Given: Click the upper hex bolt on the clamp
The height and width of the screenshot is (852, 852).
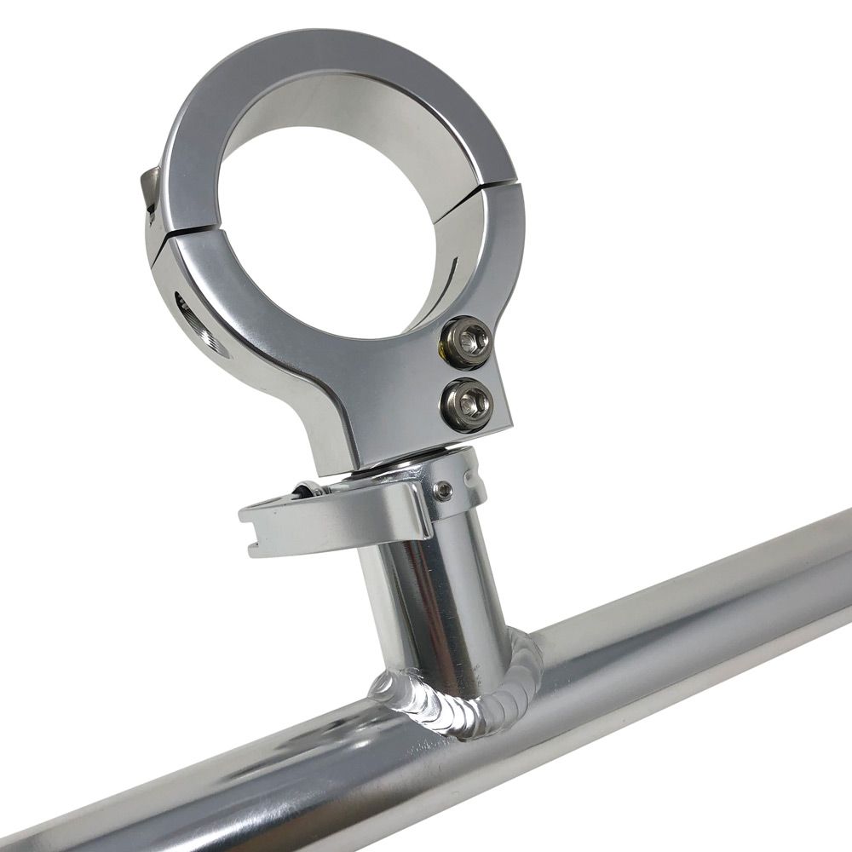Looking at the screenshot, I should tap(465, 341).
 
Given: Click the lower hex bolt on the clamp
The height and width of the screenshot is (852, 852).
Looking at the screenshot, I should tap(464, 400).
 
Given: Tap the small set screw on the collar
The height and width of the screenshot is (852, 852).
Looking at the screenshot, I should tap(442, 489).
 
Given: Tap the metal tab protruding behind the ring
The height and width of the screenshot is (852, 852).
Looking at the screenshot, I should tap(151, 187).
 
